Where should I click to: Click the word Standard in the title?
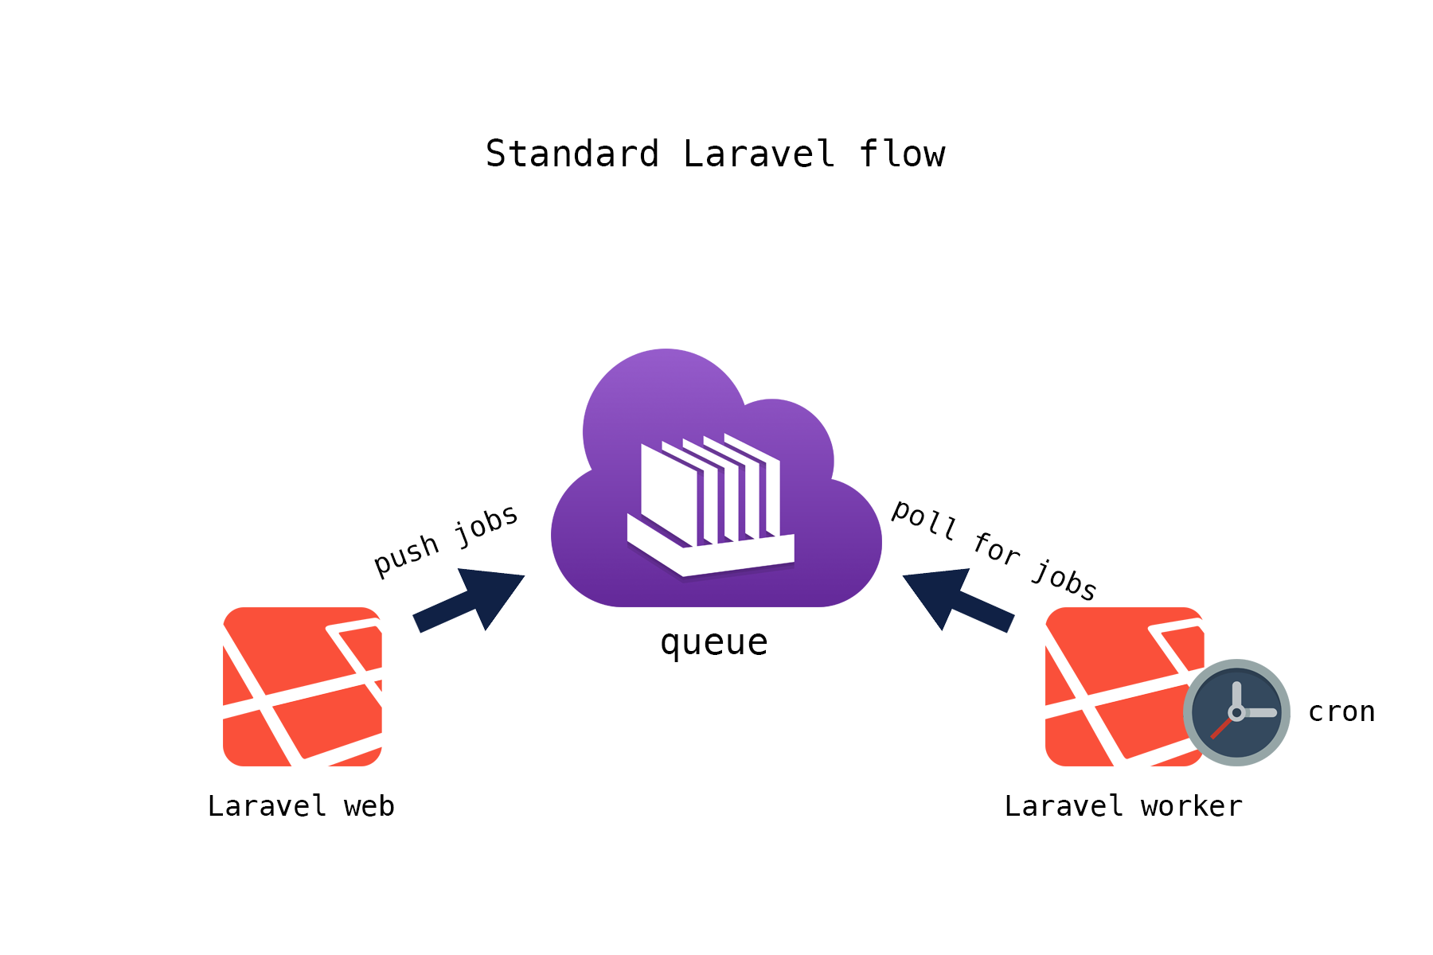(572, 154)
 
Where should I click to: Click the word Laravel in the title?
(759, 154)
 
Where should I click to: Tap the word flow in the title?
(901, 154)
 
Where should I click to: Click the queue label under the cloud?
(713, 641)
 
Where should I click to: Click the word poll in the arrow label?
(923, 519)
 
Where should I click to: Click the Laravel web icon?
(302, 686)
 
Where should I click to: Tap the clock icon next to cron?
(1236, 712)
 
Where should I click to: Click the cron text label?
(1341, 711)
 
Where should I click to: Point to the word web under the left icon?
(369, 806)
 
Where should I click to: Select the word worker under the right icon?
(1191, 806)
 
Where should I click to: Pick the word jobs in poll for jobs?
(1064, 579)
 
